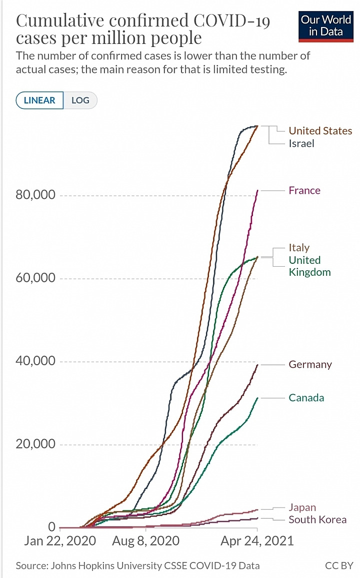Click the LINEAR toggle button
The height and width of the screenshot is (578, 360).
click(39, 100)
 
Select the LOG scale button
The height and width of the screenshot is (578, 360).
click(80, 100)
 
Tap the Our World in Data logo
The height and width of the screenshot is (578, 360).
click(326, 25)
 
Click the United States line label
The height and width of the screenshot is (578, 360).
click(320, 131)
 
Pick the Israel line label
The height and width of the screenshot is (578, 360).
click(301, 143)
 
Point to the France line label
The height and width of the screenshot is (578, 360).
click(304, 190)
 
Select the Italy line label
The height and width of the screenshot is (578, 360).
click(299, 247)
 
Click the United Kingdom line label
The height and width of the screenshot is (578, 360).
click(309, 266)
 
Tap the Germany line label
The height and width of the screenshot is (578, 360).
click(310, 365)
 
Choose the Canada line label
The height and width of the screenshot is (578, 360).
click(306, 398)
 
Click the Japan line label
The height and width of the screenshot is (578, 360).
click(302, 508)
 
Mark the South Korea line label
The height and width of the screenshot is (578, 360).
click(317, 520)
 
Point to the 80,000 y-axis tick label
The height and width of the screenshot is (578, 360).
click(35, 195)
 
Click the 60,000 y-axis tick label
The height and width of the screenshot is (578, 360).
click(35, 278)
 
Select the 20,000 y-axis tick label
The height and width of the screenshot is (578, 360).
click(35, 444)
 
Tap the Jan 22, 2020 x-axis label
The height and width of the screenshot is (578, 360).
click(59, 541)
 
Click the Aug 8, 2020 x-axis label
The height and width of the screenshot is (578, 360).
click(146, 541)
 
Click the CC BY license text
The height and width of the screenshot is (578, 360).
click(338, 566)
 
